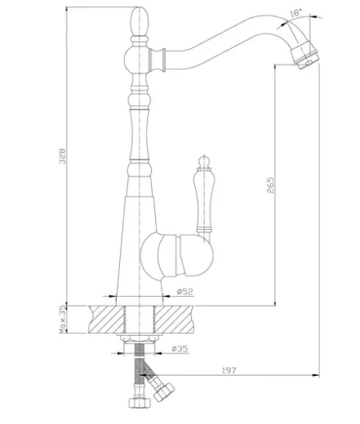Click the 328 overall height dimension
point(62,156)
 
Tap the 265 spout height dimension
point(270,185)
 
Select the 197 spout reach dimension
point(229,370)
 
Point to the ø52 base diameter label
point(185,292)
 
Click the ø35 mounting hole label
point(180,349)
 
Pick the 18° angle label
point(296,13)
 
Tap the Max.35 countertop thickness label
point(63,320)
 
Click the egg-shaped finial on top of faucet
point(140,21)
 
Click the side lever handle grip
point(204,198)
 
